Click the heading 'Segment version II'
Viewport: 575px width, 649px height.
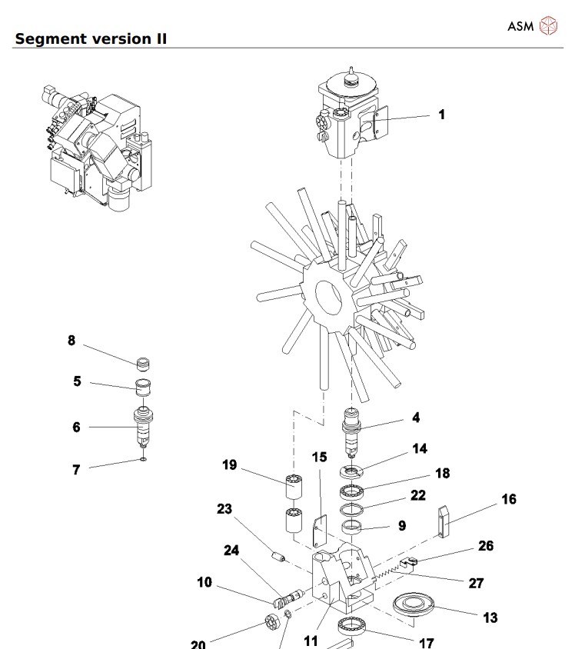coord(91,38)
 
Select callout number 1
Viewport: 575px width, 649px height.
coord(441,115)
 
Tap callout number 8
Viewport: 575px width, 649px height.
coord(71,340)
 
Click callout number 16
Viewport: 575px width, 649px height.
coord(508,499)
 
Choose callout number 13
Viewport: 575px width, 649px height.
coord(490,617)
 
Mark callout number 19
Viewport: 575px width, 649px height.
coord(229,465)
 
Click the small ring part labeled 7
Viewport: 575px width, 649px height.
coord(143,461)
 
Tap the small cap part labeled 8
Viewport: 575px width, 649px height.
coord(141,363)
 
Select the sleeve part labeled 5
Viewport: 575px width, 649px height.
coord(144,386)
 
